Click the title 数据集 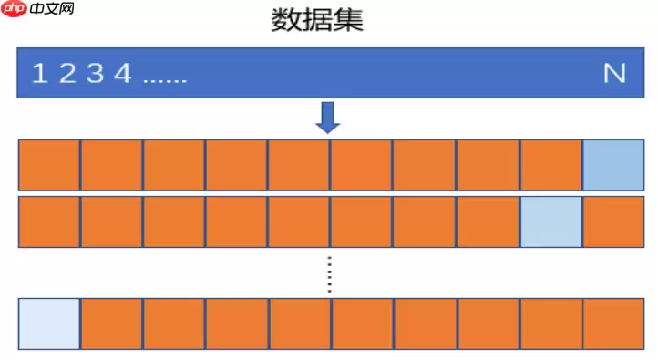tap(317, 20)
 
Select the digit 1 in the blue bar tap(39, 74)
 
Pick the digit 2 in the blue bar tap(67, 74)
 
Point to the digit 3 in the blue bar tap(94, 74)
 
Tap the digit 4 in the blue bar tap(122, 74)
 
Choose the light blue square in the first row tap(612, 165)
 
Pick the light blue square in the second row tap(550, 221)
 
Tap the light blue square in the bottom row tap(49, 324)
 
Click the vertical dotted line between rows tap(330, 273)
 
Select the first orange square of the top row tap(49, 165)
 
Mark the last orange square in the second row tap(612, 221)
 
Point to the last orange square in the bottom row tap(612, 324)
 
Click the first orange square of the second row tap(49, 221)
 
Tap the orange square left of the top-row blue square tap(550, 165)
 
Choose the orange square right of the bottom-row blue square tap(111, 324)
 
